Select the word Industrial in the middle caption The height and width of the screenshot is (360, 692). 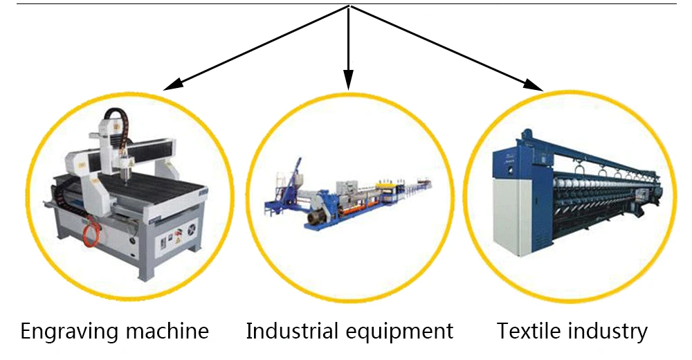tap(289, 331)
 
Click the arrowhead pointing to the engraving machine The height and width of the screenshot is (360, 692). tap(172, 84)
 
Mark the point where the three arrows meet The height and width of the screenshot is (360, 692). tap(349, 7)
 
